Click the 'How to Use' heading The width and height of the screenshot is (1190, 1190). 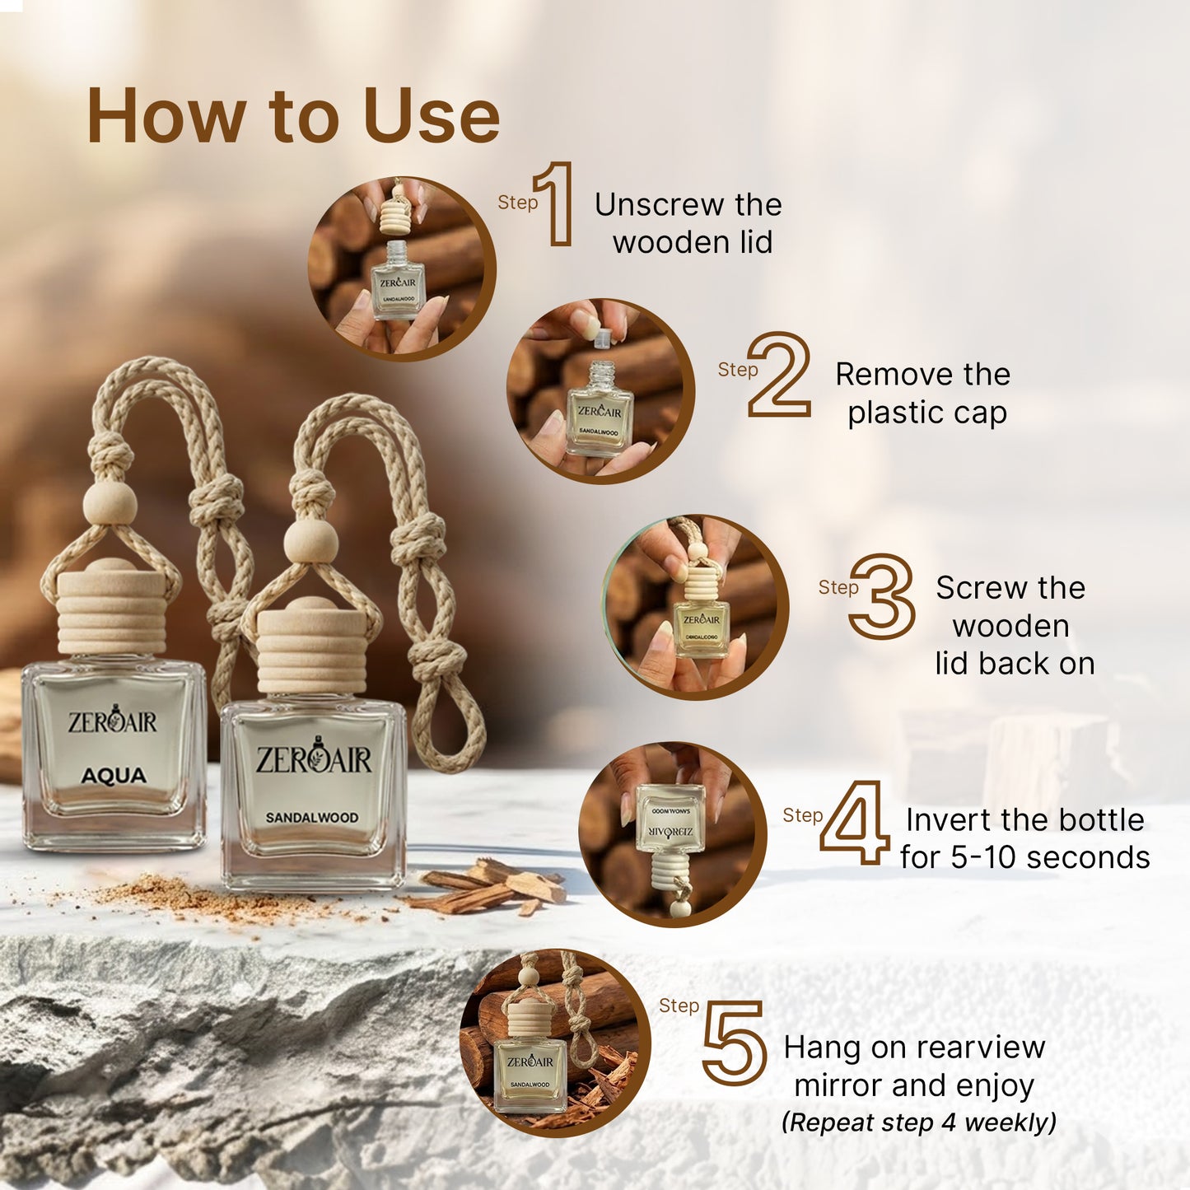point(293,116)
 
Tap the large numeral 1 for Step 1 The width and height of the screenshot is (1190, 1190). point(555,204)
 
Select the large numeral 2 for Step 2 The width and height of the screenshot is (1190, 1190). point(779,375)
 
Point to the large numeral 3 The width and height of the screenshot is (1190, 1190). point(883,596)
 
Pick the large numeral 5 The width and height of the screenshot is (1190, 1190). point(735,1043)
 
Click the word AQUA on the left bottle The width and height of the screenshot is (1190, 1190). point(114,776)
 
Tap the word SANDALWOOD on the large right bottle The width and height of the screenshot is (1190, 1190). point(311,818)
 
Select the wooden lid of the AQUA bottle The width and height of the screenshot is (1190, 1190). point(111,611)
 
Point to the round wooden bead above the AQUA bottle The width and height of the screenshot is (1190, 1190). point(110,502)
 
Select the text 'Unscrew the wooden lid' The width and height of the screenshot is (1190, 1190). point(688,223)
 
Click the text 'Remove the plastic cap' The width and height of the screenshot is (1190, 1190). point(924,393)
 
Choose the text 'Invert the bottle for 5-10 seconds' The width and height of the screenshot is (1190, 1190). point(1024,838)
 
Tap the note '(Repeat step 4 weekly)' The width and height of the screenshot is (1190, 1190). point(918,1122)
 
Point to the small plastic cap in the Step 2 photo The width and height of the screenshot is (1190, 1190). point(603,335)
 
